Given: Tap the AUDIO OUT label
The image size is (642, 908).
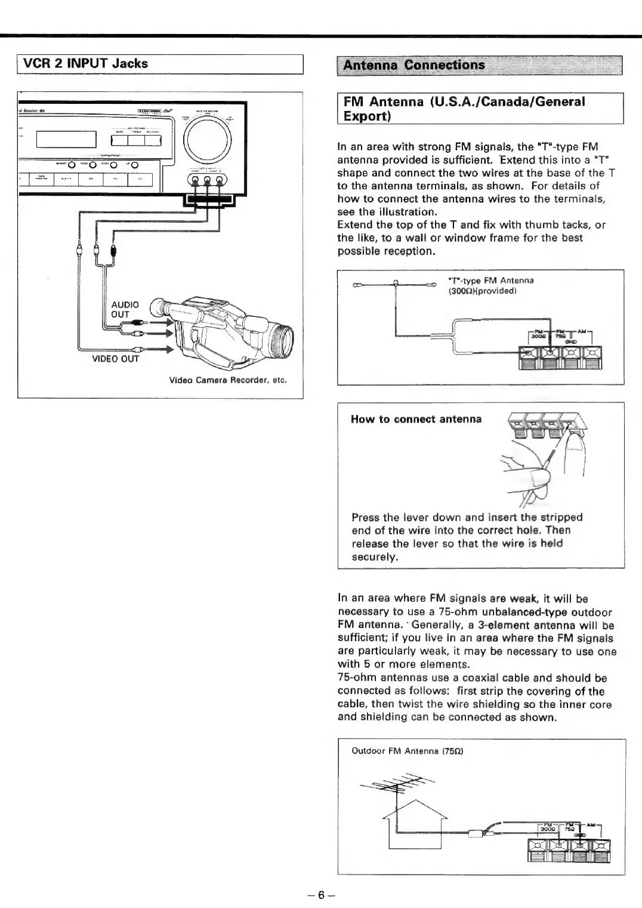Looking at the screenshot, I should [x=125, y=309].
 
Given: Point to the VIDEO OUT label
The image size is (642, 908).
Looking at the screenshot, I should [x=115, y=359].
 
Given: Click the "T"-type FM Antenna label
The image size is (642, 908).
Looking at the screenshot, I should [x=490, y=281].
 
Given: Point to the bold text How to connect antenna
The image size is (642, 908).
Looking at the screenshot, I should [x=416, y=419].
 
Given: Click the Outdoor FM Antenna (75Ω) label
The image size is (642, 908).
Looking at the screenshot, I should [x=408, y=751].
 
